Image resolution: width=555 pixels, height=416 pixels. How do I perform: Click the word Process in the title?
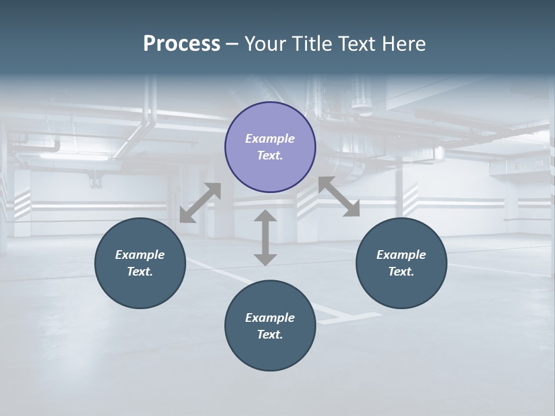pyautogui.click(x=182, y=44)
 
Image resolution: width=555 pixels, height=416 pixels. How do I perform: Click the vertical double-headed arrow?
pyautogui.click(x=265, y=238)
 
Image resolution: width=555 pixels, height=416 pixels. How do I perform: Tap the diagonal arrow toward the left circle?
pyautogui.click(x=200, y=203)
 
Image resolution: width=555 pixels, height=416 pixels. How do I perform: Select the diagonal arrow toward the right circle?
pyautogui.click(x=339, y=196)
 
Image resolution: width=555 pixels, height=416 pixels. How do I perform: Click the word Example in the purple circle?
pyautogui.click(x=270, y=139)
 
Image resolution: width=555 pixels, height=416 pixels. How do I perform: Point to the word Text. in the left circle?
pyautogui.click(x=140, y=272)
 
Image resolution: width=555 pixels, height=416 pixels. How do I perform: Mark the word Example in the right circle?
pyautogui.click(x=401, y=255)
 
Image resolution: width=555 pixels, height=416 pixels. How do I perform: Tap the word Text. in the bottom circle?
pyautogui.click(x=270, y=335)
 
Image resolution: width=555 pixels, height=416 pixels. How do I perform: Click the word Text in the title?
pyautogui.click(x=357, y=44)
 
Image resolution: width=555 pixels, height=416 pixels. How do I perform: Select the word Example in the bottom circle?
pyautogui.click(x=270, y=318)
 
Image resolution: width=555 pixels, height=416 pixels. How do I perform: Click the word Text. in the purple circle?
pyautogui.click(x=270, y=155)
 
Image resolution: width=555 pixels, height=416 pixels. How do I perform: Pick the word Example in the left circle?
pyautogui.click(x=140, y=255)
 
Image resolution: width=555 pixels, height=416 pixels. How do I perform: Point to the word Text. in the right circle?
pyautogui.click(x=401, y=272)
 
